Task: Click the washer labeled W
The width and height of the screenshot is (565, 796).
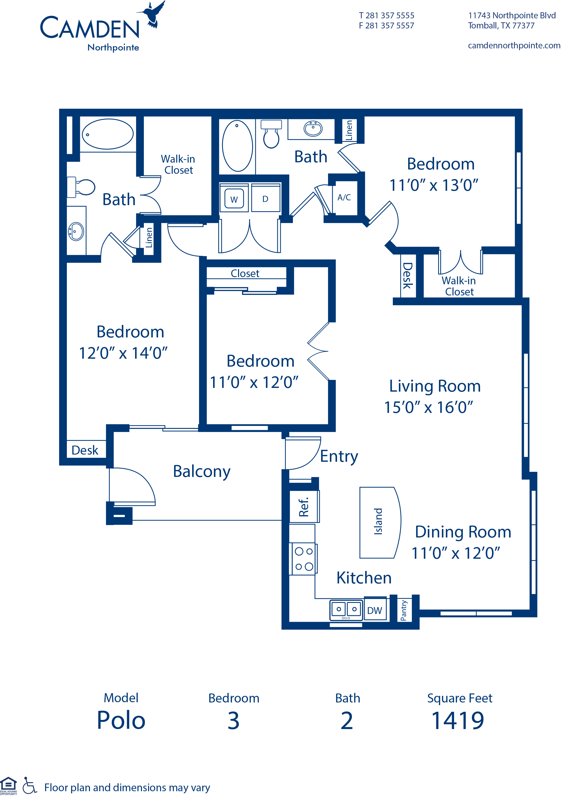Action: click(234, 199)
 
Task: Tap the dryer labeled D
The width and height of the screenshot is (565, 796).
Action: click(265, 199)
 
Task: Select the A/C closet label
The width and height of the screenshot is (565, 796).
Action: click(344, 197)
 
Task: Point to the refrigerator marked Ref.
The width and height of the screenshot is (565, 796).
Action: click(304, 507)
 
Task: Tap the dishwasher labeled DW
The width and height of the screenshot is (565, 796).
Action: click(374, 610)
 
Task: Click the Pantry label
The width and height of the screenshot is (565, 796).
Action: click(404, 610)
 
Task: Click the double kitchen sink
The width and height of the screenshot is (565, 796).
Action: click(346, 610)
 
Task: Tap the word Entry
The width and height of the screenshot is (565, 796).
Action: click(339, 456)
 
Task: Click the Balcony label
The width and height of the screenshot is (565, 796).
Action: click(202, 472)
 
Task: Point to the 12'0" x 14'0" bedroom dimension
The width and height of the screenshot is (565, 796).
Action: click(123, 353)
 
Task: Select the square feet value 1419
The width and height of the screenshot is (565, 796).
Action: click(458, 721)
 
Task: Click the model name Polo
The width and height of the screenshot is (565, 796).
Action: click(121, 721)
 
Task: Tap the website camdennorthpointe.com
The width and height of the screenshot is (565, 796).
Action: click(514, 46)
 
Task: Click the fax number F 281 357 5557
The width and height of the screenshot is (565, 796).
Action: click(386, 26)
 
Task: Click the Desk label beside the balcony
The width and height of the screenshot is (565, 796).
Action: click(85, 450)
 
